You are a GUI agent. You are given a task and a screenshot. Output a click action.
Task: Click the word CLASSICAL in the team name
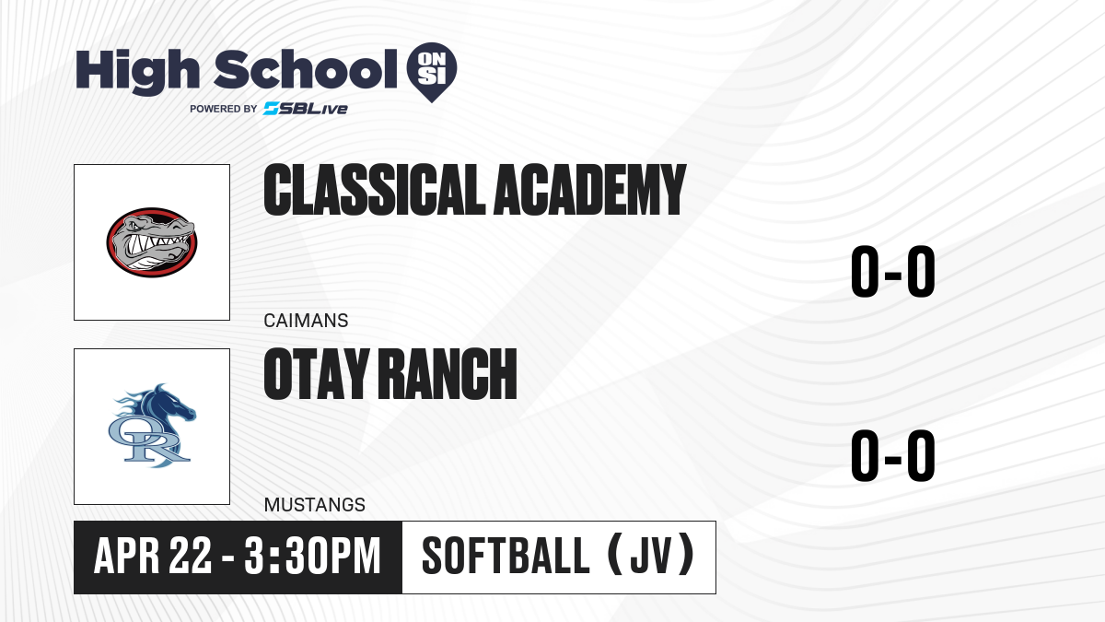[375, 190]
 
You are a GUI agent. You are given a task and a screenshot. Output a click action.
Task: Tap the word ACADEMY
[590, 190]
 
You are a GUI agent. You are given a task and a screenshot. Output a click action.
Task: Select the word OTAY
[317, 374]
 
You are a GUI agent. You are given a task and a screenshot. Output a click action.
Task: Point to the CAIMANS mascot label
[306, 321]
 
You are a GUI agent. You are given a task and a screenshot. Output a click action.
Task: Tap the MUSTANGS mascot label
[315, 505]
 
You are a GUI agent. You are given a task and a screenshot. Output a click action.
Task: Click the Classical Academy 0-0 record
[893, 272]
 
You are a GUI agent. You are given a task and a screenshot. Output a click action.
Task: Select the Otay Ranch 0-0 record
[893, 455]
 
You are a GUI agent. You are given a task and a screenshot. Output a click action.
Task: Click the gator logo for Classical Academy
[152, 242]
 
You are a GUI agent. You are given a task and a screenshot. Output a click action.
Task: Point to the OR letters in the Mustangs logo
[148, 440]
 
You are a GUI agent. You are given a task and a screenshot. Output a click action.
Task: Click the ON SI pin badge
[432, 71]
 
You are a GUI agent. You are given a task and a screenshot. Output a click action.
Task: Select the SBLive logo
[306, 109]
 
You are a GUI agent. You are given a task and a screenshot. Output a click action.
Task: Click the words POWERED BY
[224, 109]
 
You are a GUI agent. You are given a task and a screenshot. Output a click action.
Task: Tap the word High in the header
[138, 71]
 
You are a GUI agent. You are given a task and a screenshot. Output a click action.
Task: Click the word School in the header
[306, 69]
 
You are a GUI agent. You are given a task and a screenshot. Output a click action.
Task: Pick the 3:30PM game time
[312, 556]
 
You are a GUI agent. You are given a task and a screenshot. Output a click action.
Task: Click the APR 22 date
[153, 556]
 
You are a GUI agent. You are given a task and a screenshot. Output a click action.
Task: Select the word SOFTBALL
[506, 556]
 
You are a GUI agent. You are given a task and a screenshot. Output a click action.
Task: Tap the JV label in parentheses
[651, 556]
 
